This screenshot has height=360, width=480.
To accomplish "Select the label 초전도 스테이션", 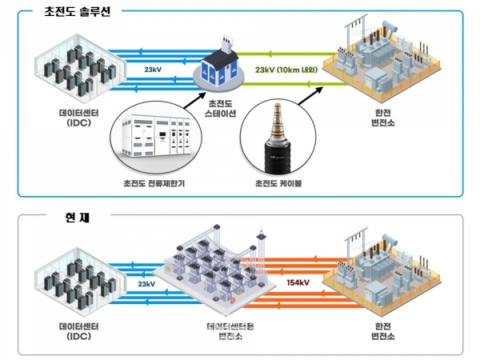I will [x=222, y=108].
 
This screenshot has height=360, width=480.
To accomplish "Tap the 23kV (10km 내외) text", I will [x=286, y=69].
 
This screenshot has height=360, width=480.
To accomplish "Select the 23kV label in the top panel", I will [x=154, y=70].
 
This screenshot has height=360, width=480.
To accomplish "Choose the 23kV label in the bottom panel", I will [x=146, y=283].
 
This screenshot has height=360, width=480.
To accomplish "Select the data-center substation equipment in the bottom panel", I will [x=214, y=272].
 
